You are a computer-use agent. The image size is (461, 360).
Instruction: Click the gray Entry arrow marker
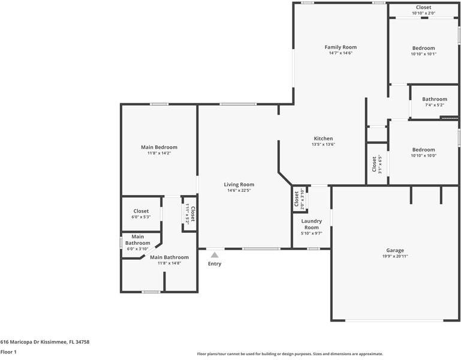click(215, 255)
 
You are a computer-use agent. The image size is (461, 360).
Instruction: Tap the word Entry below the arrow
click(215, 264)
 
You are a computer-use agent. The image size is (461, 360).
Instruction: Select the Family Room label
click(341, 47)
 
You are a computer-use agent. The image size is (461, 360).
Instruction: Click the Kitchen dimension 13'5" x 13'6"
click(323, 145)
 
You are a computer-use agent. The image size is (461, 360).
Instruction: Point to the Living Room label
click(239, 185)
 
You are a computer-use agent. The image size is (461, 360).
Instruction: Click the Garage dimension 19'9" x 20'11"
click(395, 256)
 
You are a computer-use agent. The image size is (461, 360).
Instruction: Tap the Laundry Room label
click(312, 224)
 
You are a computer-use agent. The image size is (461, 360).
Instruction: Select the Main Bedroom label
click(159, 147)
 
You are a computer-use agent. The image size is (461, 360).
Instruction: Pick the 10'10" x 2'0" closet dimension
click(424, 13)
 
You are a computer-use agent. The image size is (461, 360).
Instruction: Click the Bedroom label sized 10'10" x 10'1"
click(424, 48)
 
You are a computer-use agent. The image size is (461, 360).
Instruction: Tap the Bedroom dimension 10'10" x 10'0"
click(424, 156)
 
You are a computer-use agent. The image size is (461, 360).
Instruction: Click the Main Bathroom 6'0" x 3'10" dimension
click(138, 249)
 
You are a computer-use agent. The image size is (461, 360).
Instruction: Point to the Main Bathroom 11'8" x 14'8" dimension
click(169, 263)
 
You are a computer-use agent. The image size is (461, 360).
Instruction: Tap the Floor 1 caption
click(8, 352)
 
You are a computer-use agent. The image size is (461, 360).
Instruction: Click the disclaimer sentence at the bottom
click(290, 354)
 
